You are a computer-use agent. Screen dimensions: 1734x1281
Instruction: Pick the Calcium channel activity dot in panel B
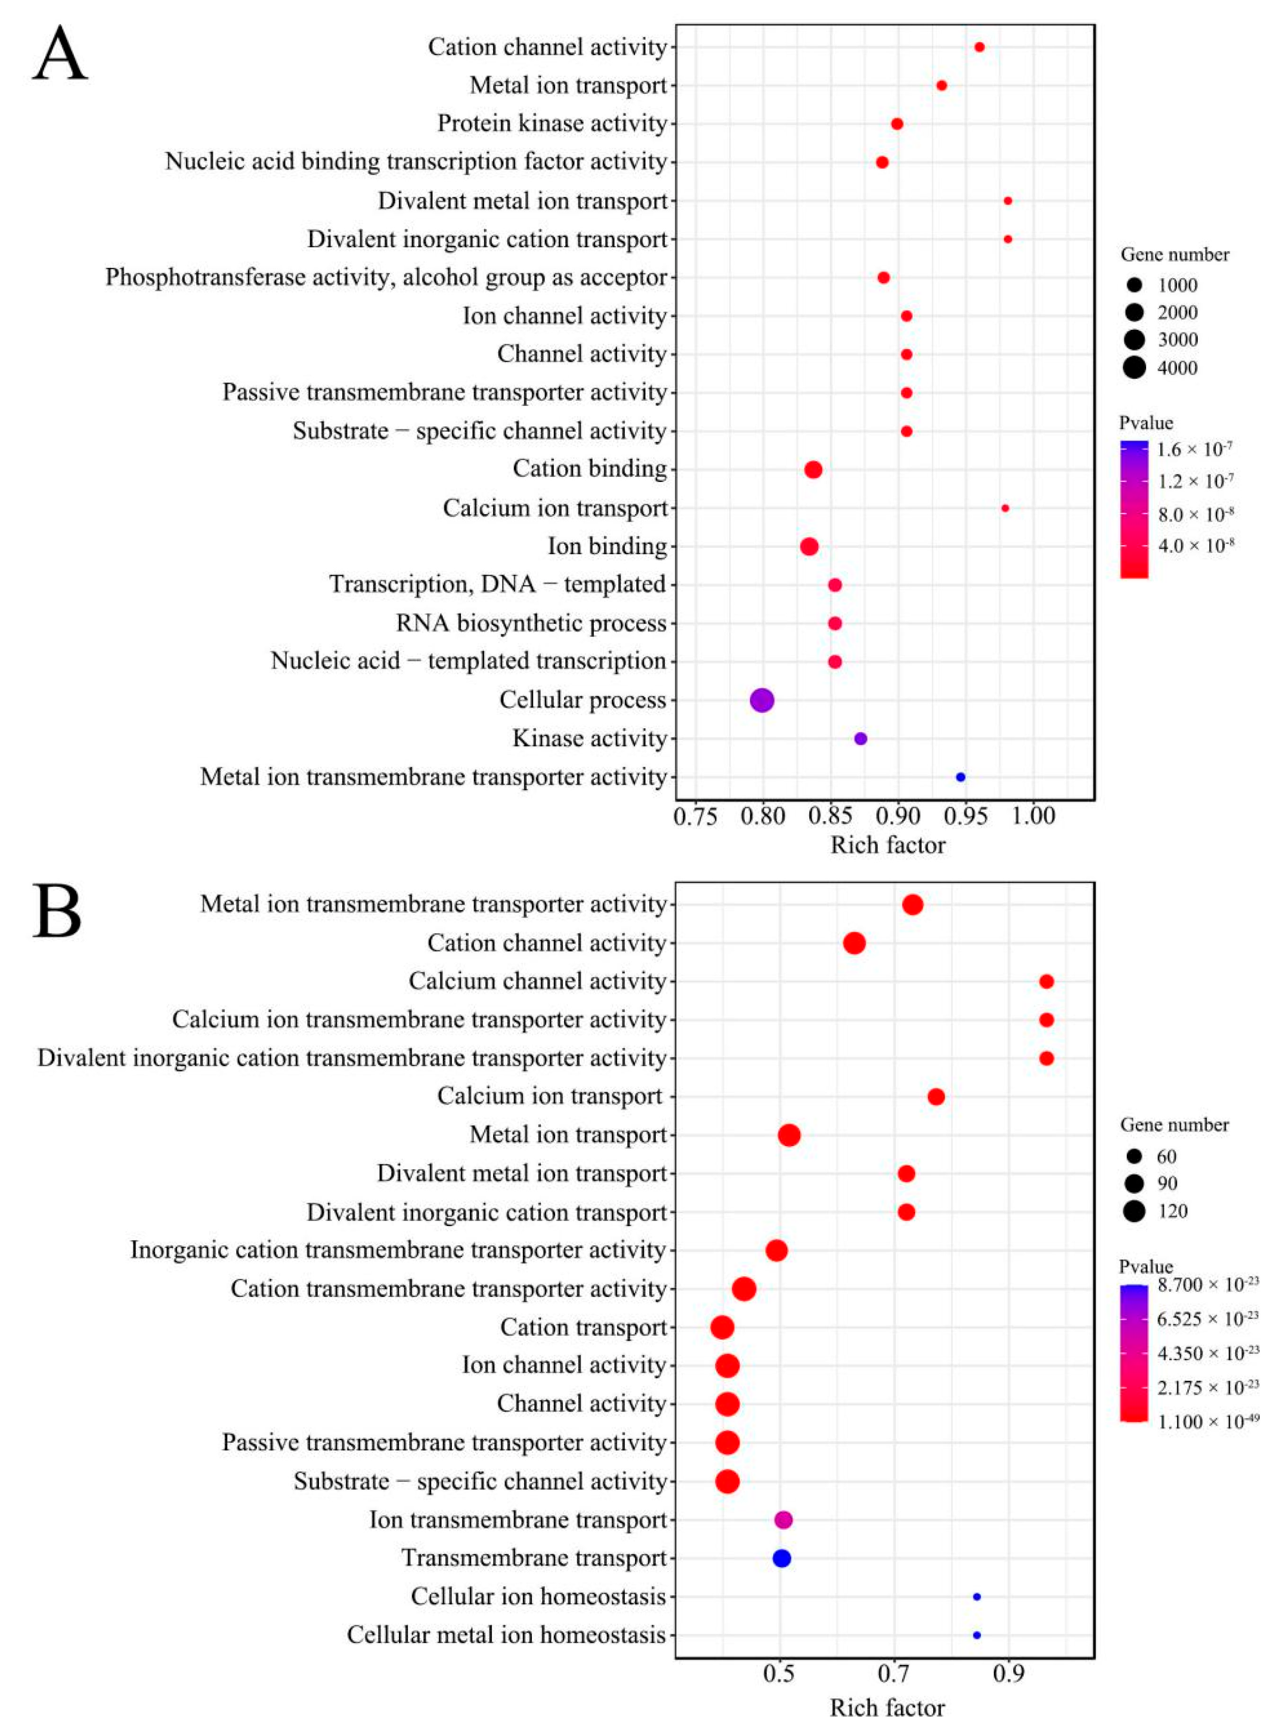1046,981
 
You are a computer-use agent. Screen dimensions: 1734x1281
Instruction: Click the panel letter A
60,54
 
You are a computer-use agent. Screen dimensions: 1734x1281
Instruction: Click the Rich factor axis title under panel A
888,845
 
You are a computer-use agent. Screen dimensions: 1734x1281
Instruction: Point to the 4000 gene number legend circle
1134,368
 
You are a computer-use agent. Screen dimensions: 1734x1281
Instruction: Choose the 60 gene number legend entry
1134,1156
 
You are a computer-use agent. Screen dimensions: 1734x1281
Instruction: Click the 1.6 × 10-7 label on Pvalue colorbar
1194,450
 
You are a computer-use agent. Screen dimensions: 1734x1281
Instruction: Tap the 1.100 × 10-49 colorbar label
1207,1421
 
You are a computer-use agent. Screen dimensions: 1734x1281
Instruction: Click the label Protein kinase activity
552,123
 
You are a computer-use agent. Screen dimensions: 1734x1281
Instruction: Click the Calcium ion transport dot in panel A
1005,508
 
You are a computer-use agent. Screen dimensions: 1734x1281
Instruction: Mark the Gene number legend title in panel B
1174,1124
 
